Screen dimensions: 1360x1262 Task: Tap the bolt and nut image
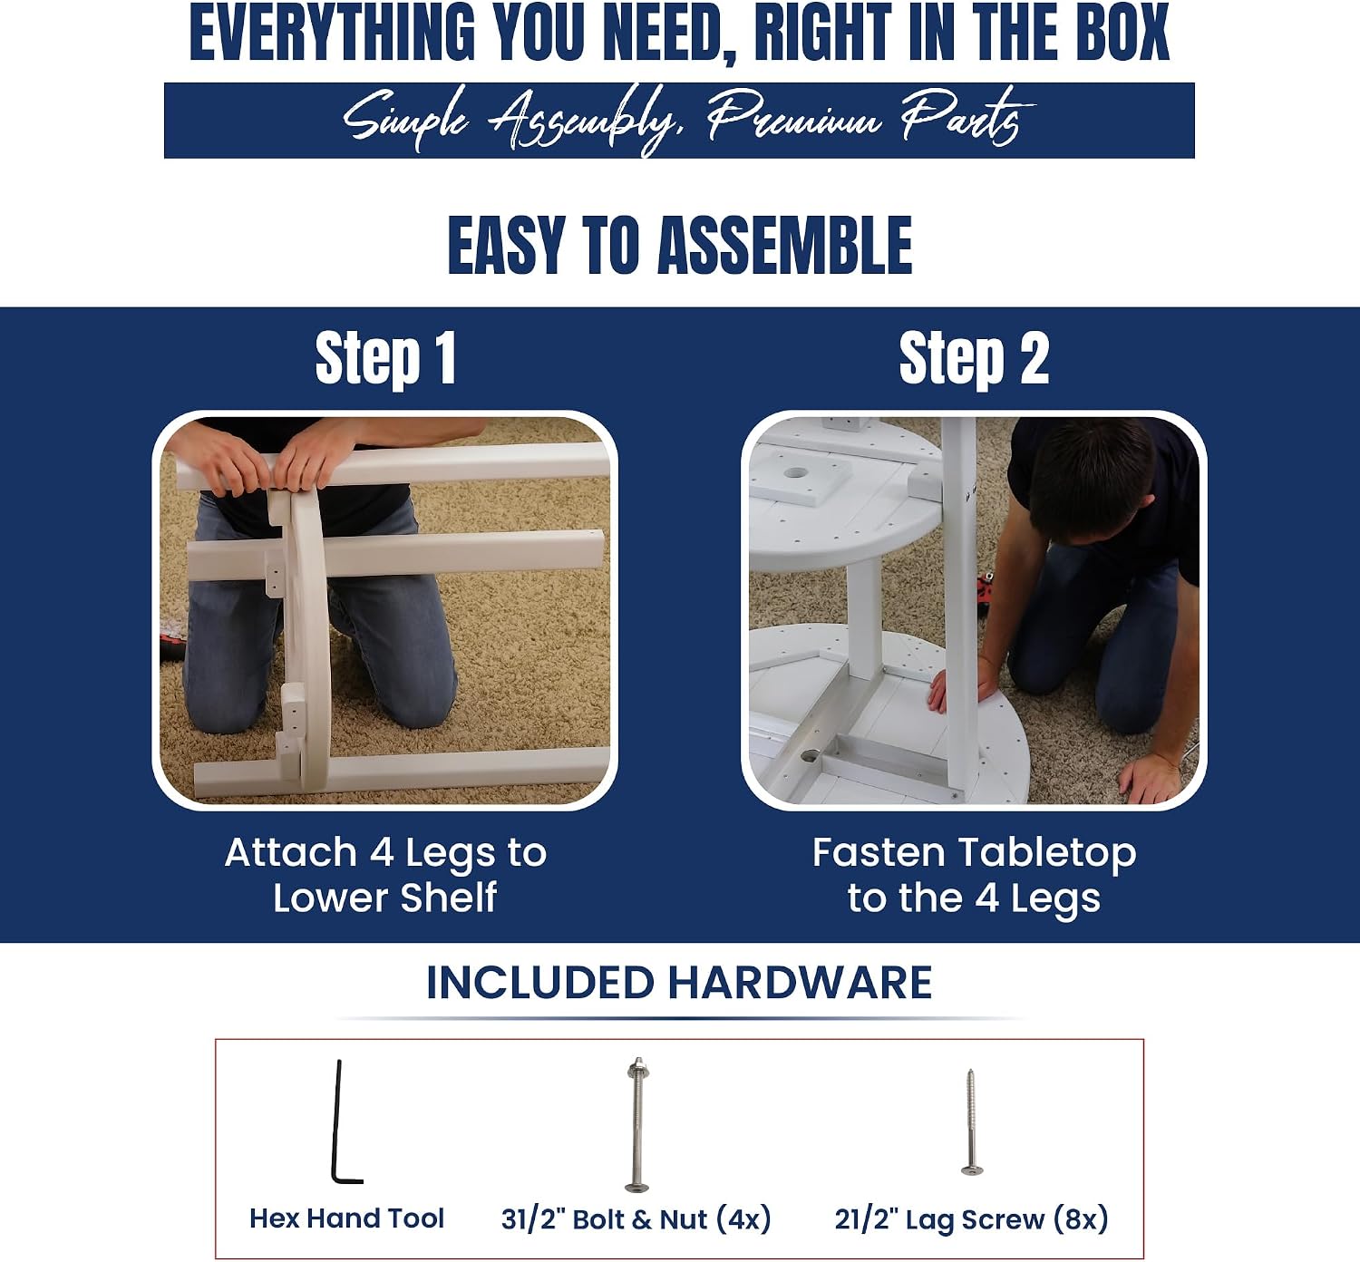point(637,1124)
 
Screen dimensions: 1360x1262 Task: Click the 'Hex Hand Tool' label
point(346,1218)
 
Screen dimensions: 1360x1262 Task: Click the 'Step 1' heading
point(385,359)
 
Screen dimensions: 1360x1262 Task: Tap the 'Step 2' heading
point(974,359)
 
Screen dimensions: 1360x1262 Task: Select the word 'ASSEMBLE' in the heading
point(785,245)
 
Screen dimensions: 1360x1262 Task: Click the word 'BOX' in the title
point(1123,32)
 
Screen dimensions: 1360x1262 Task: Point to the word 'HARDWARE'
point(800,983)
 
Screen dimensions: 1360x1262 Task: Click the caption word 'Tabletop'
point(1047,853)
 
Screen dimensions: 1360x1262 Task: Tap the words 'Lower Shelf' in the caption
point(384,898)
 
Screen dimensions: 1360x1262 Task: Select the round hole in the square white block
point(796,472)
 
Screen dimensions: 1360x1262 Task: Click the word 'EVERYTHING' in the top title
point(332,32)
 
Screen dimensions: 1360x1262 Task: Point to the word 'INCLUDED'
point(540,983)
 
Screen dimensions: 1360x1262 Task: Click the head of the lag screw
point(972,1170)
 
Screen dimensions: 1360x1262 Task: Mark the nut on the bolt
point(637,1068)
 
